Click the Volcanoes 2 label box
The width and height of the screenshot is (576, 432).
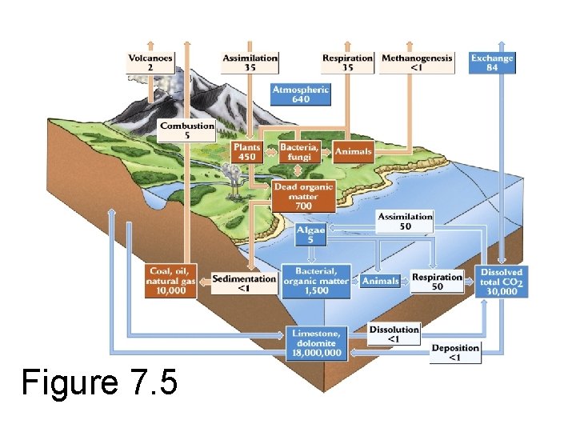tap(150, 62)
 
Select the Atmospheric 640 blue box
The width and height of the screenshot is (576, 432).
tap(300, 94)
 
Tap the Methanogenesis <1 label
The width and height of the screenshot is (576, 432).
tap(417, 62)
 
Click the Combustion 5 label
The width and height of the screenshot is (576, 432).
tap(187, 130)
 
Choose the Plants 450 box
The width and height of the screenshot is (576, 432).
tap(246, 152)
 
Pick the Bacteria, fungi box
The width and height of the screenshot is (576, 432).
tap(299, 152)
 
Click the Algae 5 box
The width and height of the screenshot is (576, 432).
tap(310, 234)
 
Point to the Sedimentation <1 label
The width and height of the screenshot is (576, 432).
tap(244, 282)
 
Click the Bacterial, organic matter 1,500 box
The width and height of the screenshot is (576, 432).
tap(316, 282)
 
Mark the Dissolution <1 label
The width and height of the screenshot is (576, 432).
tap(394, 334)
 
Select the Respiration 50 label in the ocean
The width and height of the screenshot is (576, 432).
tap(437, 282)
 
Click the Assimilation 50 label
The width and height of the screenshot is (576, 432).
tap(405, 222)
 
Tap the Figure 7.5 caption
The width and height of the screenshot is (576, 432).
tap(99, 382)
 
